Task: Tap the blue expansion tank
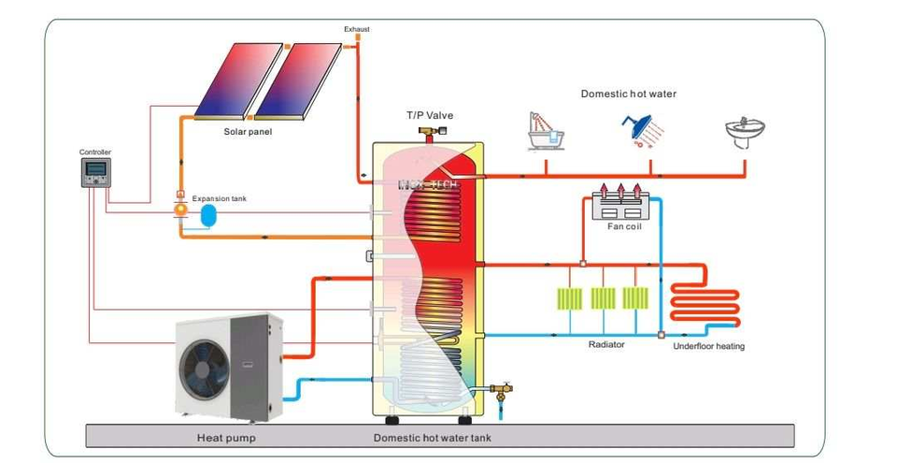(x=207, y=214)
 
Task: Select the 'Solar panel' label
(x=248, y=132)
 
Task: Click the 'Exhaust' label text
(x=357, y=29)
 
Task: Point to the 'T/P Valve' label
(x=429, y=115)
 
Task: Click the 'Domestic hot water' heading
(x=628, y=94)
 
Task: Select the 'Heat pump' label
(x=226, y=437)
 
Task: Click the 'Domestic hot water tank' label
(x=432, y=437)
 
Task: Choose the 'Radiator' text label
(x=606, y=344)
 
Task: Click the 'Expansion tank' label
(x=220, y=198)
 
